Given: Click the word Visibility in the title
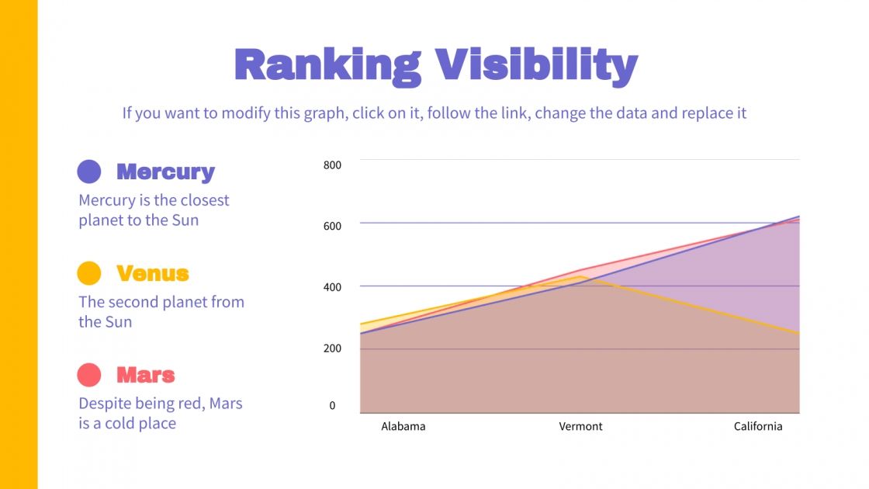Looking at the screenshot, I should tap(535, 65).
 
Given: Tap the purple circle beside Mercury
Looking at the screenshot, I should tap(89, 172).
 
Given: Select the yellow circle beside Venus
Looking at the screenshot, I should tap(89, 273).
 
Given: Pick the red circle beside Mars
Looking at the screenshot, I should tap(89, 375).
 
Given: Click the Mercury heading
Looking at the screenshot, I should tap(165, 172).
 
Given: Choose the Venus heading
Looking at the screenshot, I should tap(153, 273).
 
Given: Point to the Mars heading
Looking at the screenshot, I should tap(146, 375).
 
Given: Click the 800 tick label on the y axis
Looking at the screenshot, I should tap(332, 165).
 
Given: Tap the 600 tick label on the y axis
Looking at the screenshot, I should tap(332, 225).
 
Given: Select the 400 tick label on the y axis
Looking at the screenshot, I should tap(332, 287).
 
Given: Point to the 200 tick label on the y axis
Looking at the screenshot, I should tap(332, 349).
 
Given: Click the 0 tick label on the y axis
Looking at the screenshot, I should tap(332, 405).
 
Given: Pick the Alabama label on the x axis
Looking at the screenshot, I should tap(403, 426).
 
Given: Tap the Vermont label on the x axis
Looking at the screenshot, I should tap(580, 426).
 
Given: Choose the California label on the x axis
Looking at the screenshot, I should tap(758, 426).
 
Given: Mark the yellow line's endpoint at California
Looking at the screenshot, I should tap(798, 333).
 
